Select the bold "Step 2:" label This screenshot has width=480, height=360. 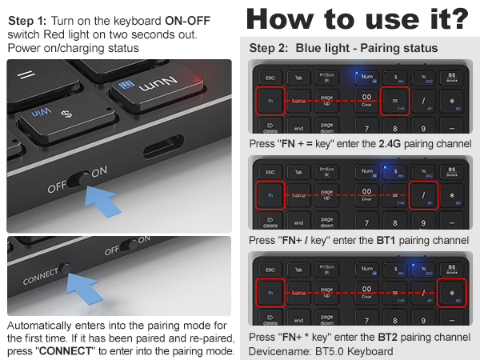tap(269, 48)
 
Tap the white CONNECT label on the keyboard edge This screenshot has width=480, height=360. tap(40, 276)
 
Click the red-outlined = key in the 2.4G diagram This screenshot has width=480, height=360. tap(394, 101)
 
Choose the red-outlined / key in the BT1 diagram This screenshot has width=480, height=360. tap(423, 196)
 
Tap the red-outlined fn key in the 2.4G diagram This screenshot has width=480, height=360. tap(270, 102)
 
